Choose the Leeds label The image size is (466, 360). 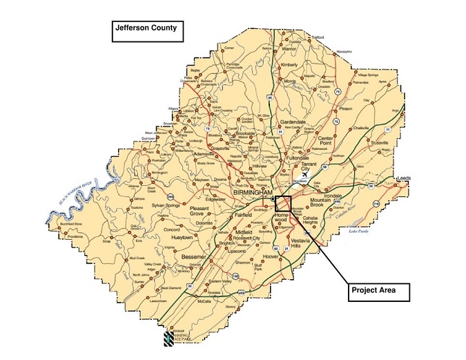tap(404, 178)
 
